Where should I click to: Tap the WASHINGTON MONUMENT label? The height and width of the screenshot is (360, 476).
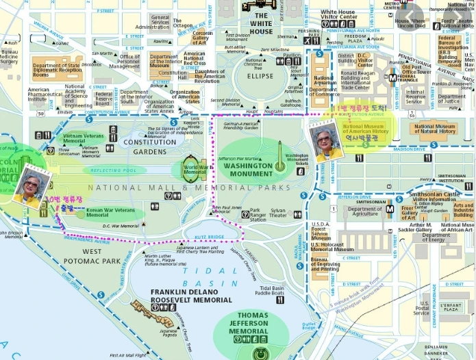point(248,170)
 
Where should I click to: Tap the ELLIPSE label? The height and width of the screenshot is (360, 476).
point(261,76)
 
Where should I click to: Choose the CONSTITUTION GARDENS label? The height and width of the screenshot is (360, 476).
point(150,146)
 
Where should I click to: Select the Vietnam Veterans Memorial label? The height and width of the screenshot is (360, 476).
point(84,138)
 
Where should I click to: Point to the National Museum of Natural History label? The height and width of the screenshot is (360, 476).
point(435,129)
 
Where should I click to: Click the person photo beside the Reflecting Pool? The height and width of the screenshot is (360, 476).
point(32,187)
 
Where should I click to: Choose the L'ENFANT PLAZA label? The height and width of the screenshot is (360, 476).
point(450,307)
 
